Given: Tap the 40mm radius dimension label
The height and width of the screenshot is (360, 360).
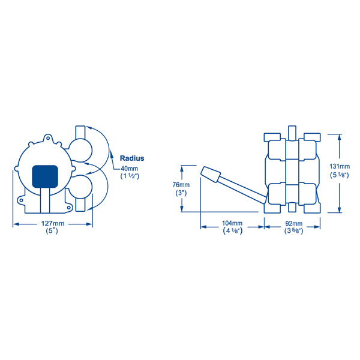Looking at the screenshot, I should pos(130,169).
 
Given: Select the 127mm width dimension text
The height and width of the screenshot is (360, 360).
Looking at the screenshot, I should pos(53,224).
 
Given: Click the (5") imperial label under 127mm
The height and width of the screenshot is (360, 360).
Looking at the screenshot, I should pos(53,232).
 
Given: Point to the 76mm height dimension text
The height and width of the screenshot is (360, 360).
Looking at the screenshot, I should pos(180,185).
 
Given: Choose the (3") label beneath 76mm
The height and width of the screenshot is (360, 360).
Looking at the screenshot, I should pos(180,193).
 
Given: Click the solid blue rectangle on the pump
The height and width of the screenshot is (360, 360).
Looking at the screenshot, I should pos(44,175).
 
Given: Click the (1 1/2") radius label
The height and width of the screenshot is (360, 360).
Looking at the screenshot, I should pos(130,177).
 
